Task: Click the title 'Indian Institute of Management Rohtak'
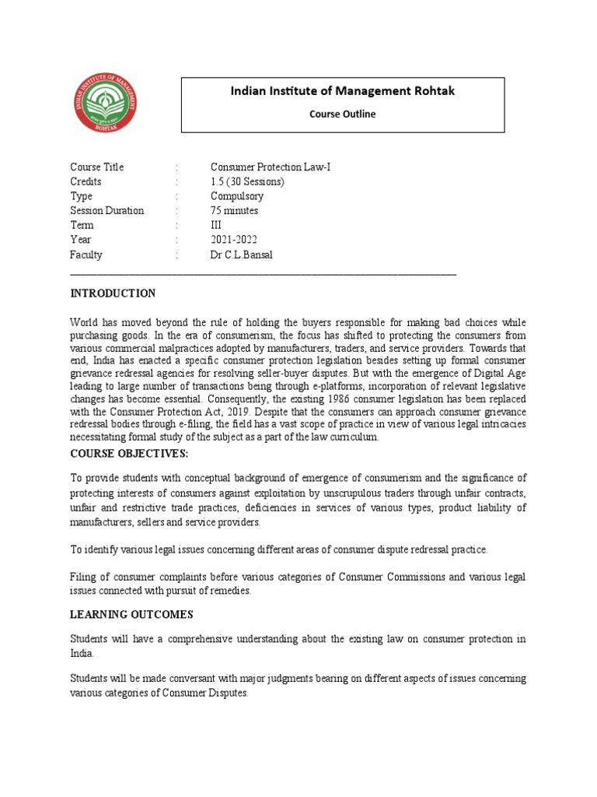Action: tap(343, 92)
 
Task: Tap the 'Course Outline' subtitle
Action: tap(343, 114)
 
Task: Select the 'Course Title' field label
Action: tap(96, 167)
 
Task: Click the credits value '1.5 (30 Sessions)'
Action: tap(247, 181)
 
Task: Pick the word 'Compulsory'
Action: tap(236, 196)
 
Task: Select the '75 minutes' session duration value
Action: tap(234, 211)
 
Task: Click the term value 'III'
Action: tap(217, 226)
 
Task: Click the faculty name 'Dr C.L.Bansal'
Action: tap(241, 255)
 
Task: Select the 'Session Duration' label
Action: tap(106, 211)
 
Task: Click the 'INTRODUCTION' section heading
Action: tap(113, 293)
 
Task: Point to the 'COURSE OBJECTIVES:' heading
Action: tap(128, 454)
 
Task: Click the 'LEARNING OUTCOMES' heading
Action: tap(131, 615)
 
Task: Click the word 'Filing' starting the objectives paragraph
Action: tap(83, 577)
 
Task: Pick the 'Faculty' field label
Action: tap(86, 255)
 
